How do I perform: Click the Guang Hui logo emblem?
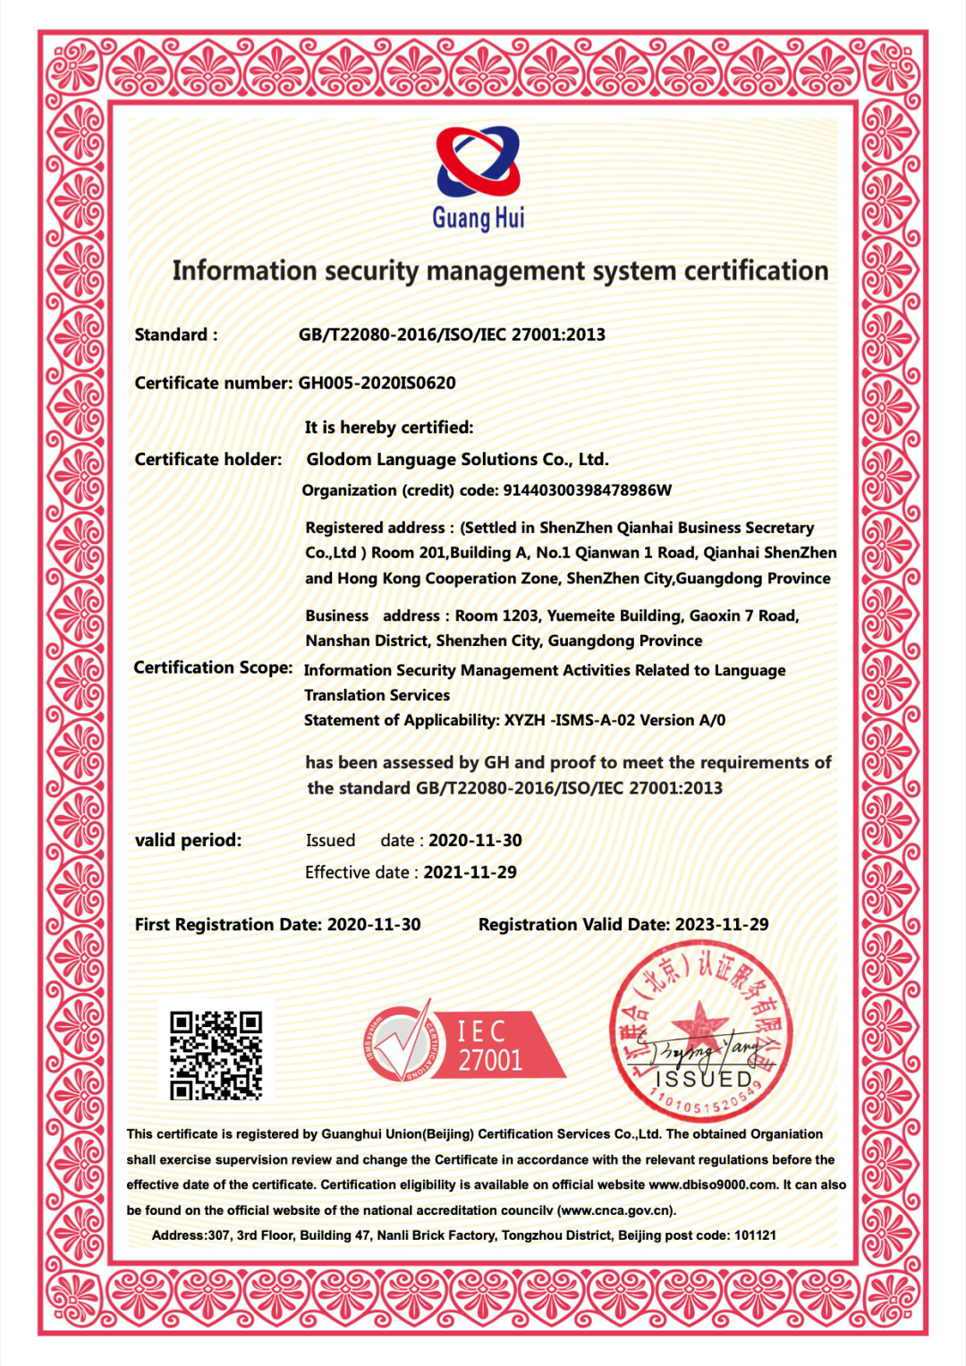(479, 162)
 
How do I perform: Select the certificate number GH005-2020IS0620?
(377, 383)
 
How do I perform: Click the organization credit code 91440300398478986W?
(587, 490)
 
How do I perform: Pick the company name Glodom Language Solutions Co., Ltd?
(457, 460)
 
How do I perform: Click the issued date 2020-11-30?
(475, 841)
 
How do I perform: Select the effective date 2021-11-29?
(470, 872)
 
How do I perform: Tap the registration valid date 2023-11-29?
(722, 925)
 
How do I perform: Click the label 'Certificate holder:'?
(208, 460)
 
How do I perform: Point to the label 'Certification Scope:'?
(213, 667)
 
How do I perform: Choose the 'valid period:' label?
(188, 841)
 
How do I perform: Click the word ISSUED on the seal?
(705, 1080)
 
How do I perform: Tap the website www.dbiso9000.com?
(713, 1184)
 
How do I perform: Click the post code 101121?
(755, 1235)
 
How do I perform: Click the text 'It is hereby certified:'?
(389, 428)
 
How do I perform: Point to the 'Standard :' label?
(175, 335)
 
